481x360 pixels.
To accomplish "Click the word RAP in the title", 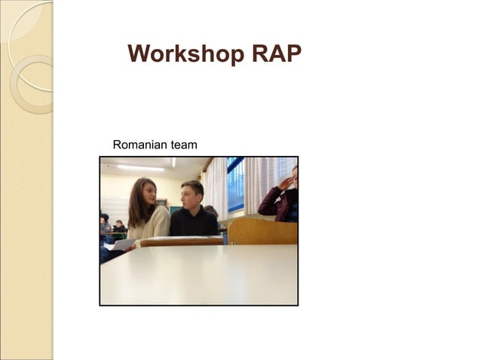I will tap(275, 54).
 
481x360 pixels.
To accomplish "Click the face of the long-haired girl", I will tap(149, 194).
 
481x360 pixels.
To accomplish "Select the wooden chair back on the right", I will tap(262, 232).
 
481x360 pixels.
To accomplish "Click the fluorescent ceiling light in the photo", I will tap(140, 167).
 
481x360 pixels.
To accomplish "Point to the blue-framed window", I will tap(236, 185).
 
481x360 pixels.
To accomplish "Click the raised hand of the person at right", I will tap(287, 181).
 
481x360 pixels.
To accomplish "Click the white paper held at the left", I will tap(123, 244).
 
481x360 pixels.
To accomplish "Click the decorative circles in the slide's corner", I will tap(29, 60).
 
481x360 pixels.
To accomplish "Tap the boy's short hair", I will tap(191, 185).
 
